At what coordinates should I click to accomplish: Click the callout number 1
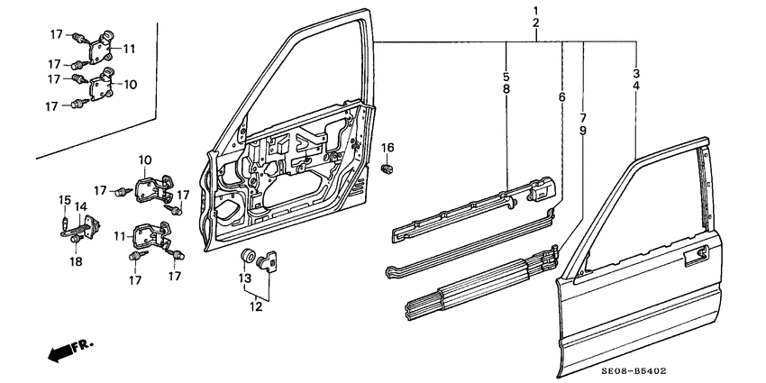(536, 10)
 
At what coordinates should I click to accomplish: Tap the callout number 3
(636, 73)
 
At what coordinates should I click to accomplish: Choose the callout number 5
(506, 78)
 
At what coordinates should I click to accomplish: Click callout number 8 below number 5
(506, 90)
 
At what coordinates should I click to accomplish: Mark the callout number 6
(561, 97)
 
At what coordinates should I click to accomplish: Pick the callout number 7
(583, 118)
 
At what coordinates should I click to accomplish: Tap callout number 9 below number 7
(583, 131)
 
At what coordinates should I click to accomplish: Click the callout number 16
(388, 147)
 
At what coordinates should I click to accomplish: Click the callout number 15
(64, 199)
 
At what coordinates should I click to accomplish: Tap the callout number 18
(76, 262)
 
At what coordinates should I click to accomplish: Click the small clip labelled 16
(388, 167)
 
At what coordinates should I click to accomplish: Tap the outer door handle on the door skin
(695, 260)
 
